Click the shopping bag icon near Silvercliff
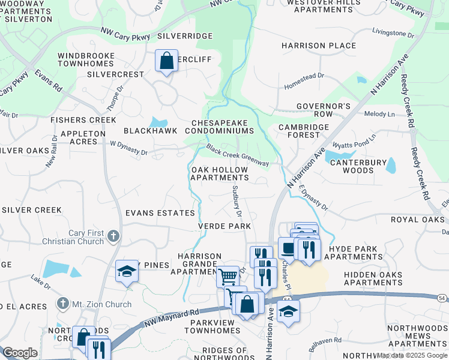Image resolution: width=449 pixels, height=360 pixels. coord(166,60)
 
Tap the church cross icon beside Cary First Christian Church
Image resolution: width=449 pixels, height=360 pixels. coord(113,236)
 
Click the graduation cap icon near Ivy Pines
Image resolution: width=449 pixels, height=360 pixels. coord(127,272)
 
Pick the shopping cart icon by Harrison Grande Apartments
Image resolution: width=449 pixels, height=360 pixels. coord(228,277)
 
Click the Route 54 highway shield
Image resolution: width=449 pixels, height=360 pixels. coord(442,298)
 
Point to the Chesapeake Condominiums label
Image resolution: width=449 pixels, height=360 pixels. coord(222,127)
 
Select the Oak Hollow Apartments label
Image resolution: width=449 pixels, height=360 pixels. coord(219,174)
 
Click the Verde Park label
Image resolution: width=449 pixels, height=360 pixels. coord(224,226)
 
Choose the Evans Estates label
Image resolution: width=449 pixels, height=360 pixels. coord(160,213)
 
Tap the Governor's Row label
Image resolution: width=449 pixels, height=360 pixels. coord(323,110)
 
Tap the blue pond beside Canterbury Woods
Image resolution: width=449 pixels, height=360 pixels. coord(390,164)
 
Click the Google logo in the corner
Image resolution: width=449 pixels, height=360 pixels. coord(20,353)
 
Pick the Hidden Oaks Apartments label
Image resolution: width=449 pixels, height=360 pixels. coord(364,277)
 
